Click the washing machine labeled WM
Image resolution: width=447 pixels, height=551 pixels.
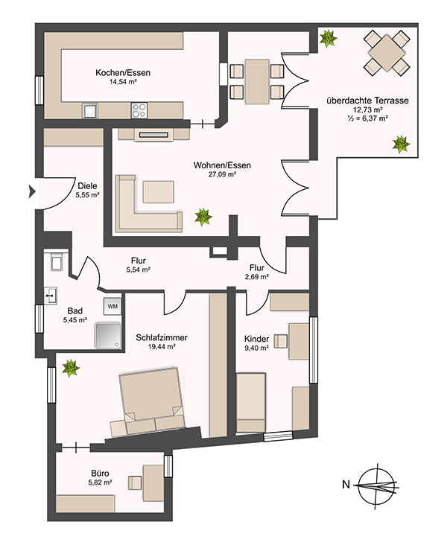tap(112, 306)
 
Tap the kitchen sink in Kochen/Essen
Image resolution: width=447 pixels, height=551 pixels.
tap(90, 110)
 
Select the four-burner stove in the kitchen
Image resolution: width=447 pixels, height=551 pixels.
tap(139, 110)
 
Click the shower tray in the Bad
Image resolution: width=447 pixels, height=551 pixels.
tap(107, 336)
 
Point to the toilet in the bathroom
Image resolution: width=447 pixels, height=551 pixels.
tap(57, 261)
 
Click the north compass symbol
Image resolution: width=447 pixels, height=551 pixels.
tap(375, 485)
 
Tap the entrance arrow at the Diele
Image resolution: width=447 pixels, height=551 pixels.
tap(32, 192)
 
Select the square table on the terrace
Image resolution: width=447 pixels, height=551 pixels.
tap(387, 53)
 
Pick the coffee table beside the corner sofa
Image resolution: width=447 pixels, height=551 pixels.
tap(158, 192)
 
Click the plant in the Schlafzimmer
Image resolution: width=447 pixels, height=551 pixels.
tap(71, 368)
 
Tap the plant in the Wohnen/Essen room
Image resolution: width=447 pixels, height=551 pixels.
tap(203, 217)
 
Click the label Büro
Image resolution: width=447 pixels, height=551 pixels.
tap(100, 474)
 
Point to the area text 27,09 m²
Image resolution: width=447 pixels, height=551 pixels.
tap(222, 174)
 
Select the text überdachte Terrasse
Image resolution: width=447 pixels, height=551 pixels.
tap(367, 101)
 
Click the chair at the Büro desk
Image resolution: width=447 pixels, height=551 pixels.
tap(135, 482)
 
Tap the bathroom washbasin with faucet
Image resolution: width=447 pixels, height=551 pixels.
tap(51, 296)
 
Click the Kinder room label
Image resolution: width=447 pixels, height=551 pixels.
tap(256, 339)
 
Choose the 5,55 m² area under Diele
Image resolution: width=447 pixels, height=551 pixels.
tap(87, 194)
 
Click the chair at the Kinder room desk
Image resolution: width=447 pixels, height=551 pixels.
tap(281, 341)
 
